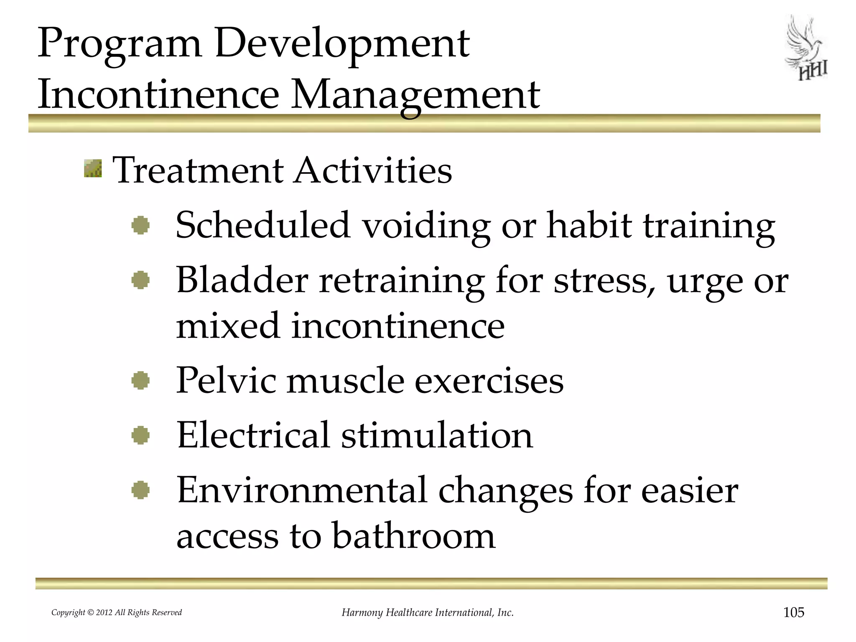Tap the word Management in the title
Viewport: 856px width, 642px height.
(x=415, y=96)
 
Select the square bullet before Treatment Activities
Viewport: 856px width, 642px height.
(x=93, y=168)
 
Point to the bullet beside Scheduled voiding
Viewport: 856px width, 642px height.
(x=140, y=226)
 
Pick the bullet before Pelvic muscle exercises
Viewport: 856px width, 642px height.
(x=140, y=381)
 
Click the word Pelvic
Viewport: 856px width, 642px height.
(x=226, y=381)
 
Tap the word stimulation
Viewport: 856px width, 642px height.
(x=437, y=436)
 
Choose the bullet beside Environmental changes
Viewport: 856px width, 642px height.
(x=140, y=490)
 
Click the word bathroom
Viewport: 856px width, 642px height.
(x=413, y=536)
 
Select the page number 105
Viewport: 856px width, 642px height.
(x=793, y=613)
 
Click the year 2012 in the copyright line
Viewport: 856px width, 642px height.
(x=104, y=613)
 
